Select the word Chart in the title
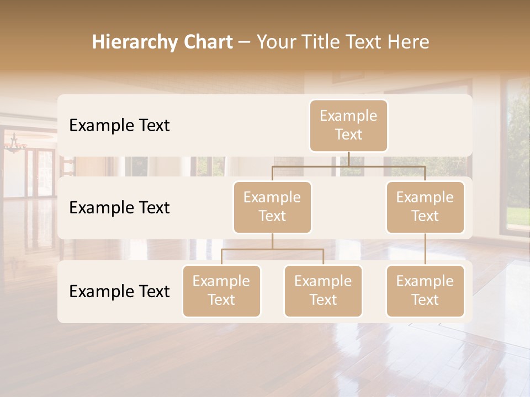(x=208, y=42)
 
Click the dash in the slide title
(x=244, y=43)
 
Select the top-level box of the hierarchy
(x=348, y=125)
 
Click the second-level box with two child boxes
(x=272, y=207)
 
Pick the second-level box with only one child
(x=425, y=207)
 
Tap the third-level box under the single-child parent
(x=425, y=291)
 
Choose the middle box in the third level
(x=323, y=291)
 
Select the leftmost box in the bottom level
(x=221, y=291)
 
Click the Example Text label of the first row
(x=119, y=126)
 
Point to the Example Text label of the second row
(x=119, y=208)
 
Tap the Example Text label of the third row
(x=119, y=291)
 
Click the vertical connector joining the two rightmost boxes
(x=425, y=249)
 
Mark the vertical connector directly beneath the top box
(x=348, y=159)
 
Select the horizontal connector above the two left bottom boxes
(x=272, y=249)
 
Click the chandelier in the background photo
(x=15, y=144)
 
